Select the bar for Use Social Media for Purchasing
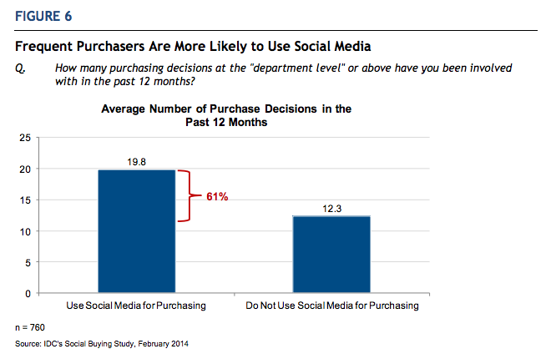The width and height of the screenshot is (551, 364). (137, 231)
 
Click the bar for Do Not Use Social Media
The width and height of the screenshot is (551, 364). (331, 255)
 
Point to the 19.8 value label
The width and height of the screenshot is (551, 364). (137, 161)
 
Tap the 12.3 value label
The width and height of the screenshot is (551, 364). (331, 208)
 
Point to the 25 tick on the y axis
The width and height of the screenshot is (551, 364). (26, 138)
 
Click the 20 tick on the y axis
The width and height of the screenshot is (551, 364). (26, 169)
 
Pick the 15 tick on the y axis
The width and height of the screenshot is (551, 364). (26, 200)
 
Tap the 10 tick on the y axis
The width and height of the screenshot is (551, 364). (26, 231)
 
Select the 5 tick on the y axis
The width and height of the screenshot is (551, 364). (28, 263)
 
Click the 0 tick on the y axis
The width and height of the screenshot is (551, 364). (28, 294)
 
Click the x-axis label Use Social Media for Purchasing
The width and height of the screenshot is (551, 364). (137, 306)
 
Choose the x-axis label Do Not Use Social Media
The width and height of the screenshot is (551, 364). (332, 306)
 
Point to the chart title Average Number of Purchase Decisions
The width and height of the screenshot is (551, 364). (226, 115)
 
